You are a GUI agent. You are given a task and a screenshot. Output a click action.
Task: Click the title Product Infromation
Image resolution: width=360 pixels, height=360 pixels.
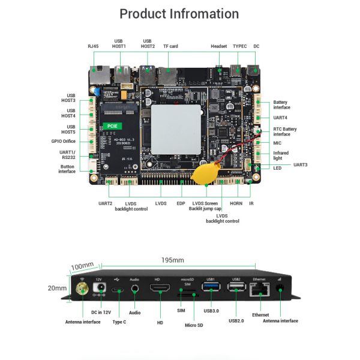pyautogui.click(x=179, y=14)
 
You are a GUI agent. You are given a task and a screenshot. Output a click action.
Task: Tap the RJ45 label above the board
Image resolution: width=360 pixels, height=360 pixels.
pyautogui.click(x=93, y=46)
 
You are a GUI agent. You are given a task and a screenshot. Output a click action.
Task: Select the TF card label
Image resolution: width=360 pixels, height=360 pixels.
pyautogui.click(x=170, y=46)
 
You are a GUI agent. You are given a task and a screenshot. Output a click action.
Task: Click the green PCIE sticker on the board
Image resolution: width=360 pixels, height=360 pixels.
pyautogui.click(x=112, y=126)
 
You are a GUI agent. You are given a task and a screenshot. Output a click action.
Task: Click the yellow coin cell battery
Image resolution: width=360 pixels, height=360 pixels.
pyautogui.click(x=201, y=175)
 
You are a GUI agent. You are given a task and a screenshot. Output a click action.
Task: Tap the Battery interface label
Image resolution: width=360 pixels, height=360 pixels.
pyautogui.click(x=281, y=105)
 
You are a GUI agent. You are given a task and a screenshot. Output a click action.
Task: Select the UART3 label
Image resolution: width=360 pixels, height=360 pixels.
pyautogui.click(x=301, y=164)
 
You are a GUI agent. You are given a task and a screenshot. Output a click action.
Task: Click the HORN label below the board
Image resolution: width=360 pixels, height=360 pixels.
pyautogui.click(x=236, y=204)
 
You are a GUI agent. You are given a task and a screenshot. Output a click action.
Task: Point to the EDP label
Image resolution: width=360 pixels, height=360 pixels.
pyautogui.click(x=181, y=204)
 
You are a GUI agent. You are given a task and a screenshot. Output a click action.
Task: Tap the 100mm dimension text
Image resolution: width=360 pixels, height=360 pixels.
pyautogui.click(x=82, y=266)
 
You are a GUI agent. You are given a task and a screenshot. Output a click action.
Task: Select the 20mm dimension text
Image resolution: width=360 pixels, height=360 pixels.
pyautogui.click(x=57, y=288)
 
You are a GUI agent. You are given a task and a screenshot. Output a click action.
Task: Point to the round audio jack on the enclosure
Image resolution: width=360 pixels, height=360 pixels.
pyautogui.click(x=134, y=289)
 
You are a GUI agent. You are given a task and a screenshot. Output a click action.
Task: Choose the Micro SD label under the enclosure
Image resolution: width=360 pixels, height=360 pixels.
pyautogui.click(x=194, y=326)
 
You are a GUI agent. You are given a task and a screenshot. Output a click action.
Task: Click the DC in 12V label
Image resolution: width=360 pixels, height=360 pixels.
pyautogui.click(x=101, y=312)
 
